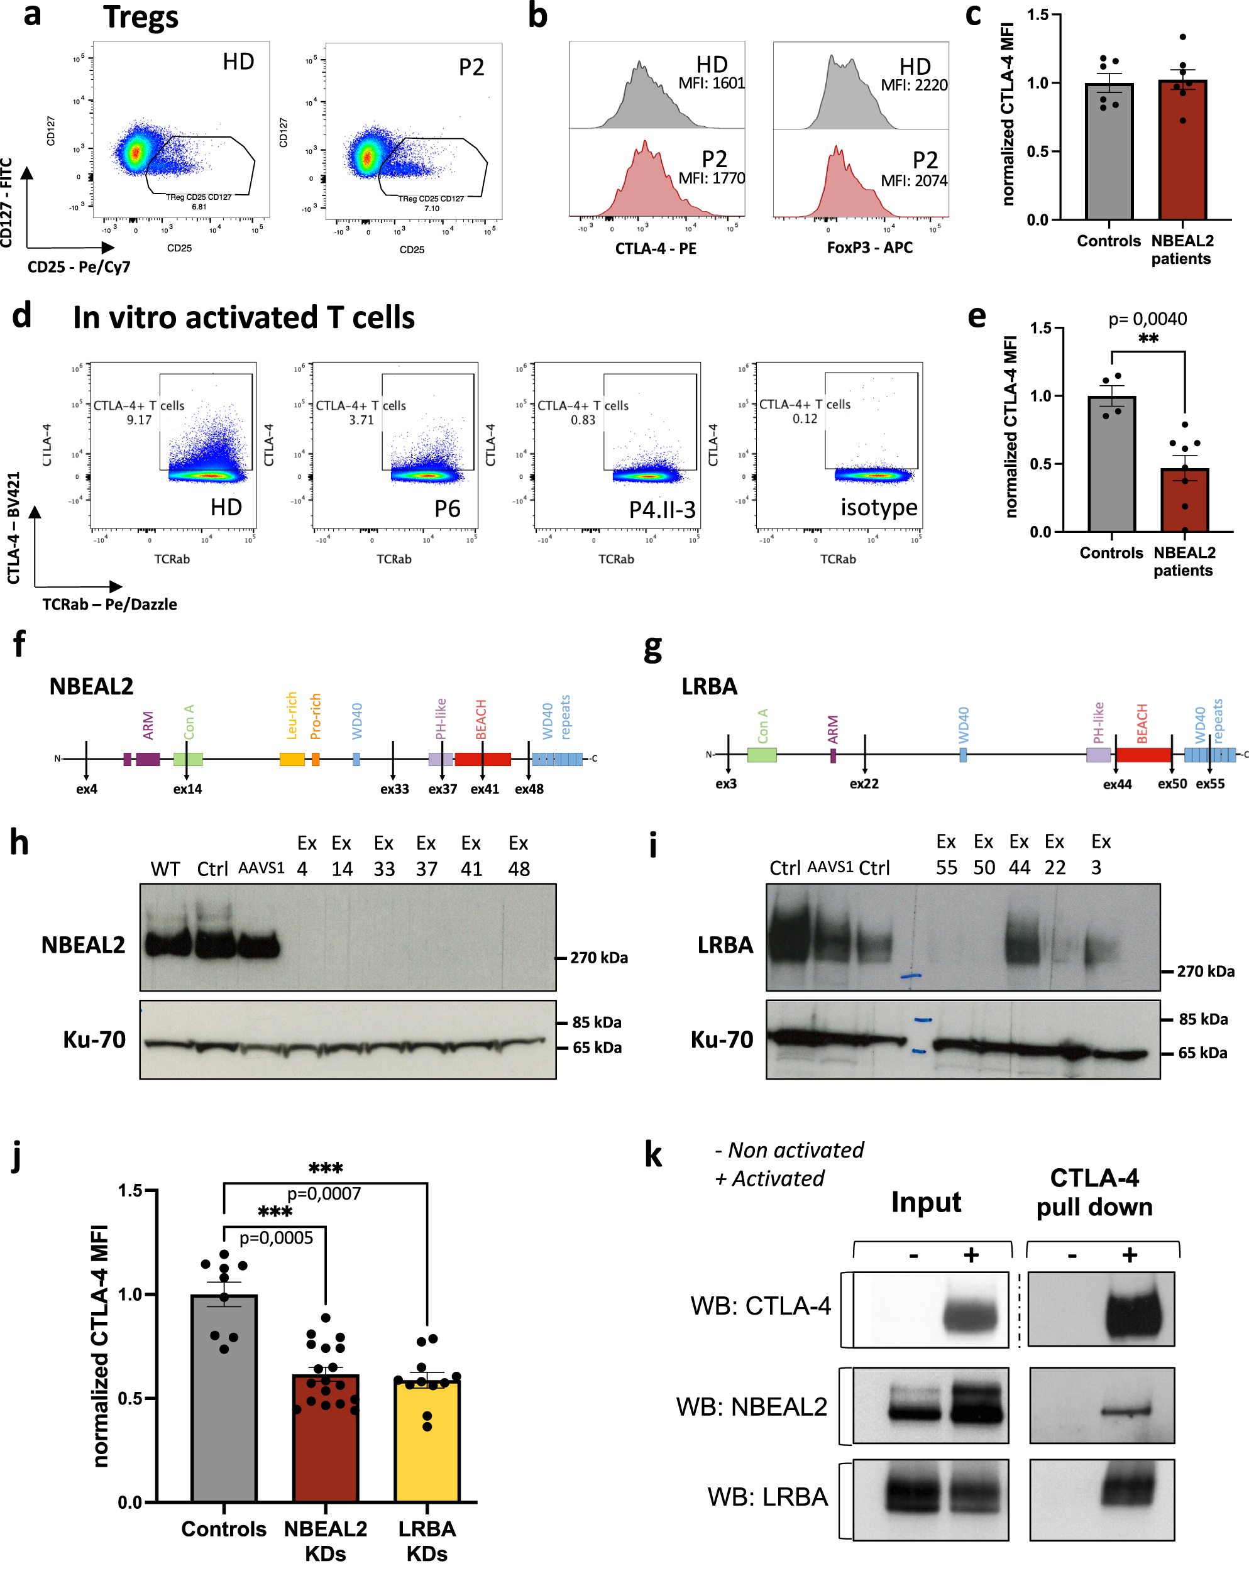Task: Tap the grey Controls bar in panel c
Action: pos(1108,153)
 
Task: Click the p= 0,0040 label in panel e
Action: pos(1147,319)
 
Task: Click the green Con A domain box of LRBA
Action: pos(761,755)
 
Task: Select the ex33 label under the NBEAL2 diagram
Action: pos(394,789)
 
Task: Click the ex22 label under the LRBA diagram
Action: pos(864,784)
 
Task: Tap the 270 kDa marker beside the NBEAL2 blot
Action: pos(598,958)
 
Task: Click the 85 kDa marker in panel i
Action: pos(1202,1019)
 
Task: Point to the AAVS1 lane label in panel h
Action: pos(261,868)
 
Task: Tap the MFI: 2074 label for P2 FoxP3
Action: pos(914,181)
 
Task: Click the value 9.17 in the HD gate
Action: pos(139,420)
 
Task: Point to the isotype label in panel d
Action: pos(879,507)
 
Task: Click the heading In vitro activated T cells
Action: pos(243,319)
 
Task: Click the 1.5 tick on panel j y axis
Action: pos(131,1191)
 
